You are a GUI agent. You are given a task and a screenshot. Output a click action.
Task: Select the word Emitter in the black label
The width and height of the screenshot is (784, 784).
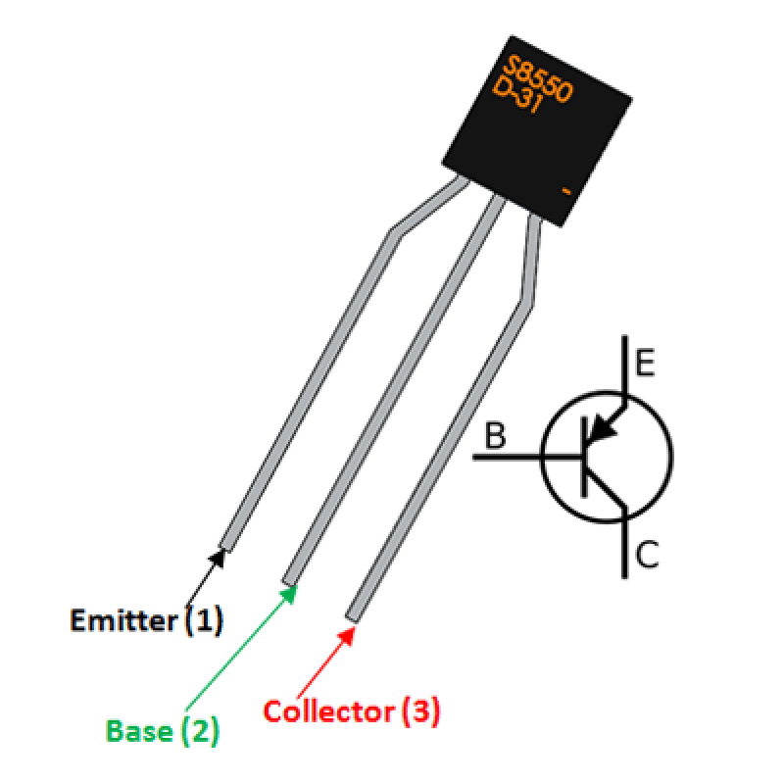point(124,620)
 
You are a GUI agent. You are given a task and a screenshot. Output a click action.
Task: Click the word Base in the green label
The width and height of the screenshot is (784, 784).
point(137,731)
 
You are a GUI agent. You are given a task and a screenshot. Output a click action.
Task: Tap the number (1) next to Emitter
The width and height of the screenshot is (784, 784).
point(204,620)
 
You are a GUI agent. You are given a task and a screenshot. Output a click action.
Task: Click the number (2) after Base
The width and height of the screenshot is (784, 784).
point(200,731)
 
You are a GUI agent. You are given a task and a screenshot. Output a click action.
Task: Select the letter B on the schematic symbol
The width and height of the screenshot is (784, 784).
point(496,436)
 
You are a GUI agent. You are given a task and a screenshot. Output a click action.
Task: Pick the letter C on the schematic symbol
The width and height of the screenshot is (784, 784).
point(647,556)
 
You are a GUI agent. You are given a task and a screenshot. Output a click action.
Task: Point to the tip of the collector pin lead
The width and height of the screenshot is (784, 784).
point(352,614)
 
